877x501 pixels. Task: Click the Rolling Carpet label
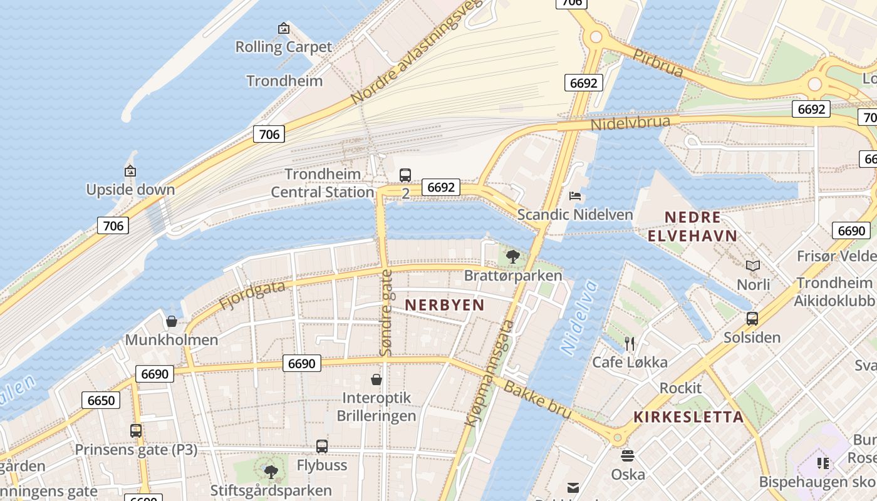(x=283, y=47)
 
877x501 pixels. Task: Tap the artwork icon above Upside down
(x=130, y=170)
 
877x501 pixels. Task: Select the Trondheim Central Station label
(x=323, y=183)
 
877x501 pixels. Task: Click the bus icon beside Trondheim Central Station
(x=405, y=175)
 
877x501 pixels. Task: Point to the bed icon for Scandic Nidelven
(x=575, y=196)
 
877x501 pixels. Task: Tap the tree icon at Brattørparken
(x=512, y=256)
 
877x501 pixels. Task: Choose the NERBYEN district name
(x=445, y=305)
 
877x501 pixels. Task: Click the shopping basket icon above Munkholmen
(x=172, y=322)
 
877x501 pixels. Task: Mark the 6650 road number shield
(x=101, y=400)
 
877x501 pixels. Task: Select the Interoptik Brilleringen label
(x=376, y=406)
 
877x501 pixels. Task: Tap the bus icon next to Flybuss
(x=322, y=447)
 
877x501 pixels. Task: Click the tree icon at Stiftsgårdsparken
(x=271, y=472)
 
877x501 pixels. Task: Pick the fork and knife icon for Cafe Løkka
(x=630, y=343)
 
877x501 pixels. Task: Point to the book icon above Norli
(x=753, y=266)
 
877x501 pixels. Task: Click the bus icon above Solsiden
(x=752, y=319)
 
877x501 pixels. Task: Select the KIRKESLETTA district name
(x=688, y=417)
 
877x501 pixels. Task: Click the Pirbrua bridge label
(x=658, y=62)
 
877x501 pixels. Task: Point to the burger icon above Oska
(x=628, y=456)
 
